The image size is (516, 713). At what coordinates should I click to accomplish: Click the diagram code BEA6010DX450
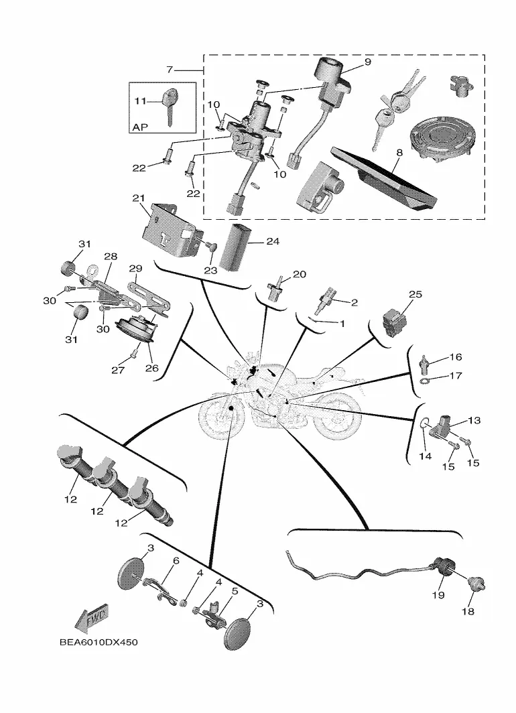[99, 643]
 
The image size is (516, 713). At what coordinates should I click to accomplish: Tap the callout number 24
[273, 241]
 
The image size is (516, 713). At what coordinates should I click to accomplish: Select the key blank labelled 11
[170, 106]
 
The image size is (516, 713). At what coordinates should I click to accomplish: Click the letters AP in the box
[141, 127]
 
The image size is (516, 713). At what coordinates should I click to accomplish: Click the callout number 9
[367, 62]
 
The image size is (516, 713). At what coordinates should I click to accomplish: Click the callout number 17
[456, 375]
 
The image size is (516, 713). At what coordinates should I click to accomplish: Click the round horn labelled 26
[136, 330]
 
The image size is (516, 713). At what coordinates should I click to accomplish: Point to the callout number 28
[111, 257]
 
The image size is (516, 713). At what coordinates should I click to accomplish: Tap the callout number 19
[438, 595]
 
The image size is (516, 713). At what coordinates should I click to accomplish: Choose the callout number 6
[176, 561]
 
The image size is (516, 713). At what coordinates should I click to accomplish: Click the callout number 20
[299, 274]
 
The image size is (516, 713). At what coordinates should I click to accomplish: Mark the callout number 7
[170, 70]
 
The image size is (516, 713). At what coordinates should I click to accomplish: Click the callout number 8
[399, 152]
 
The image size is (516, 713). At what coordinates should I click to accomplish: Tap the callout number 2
[354, 302]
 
